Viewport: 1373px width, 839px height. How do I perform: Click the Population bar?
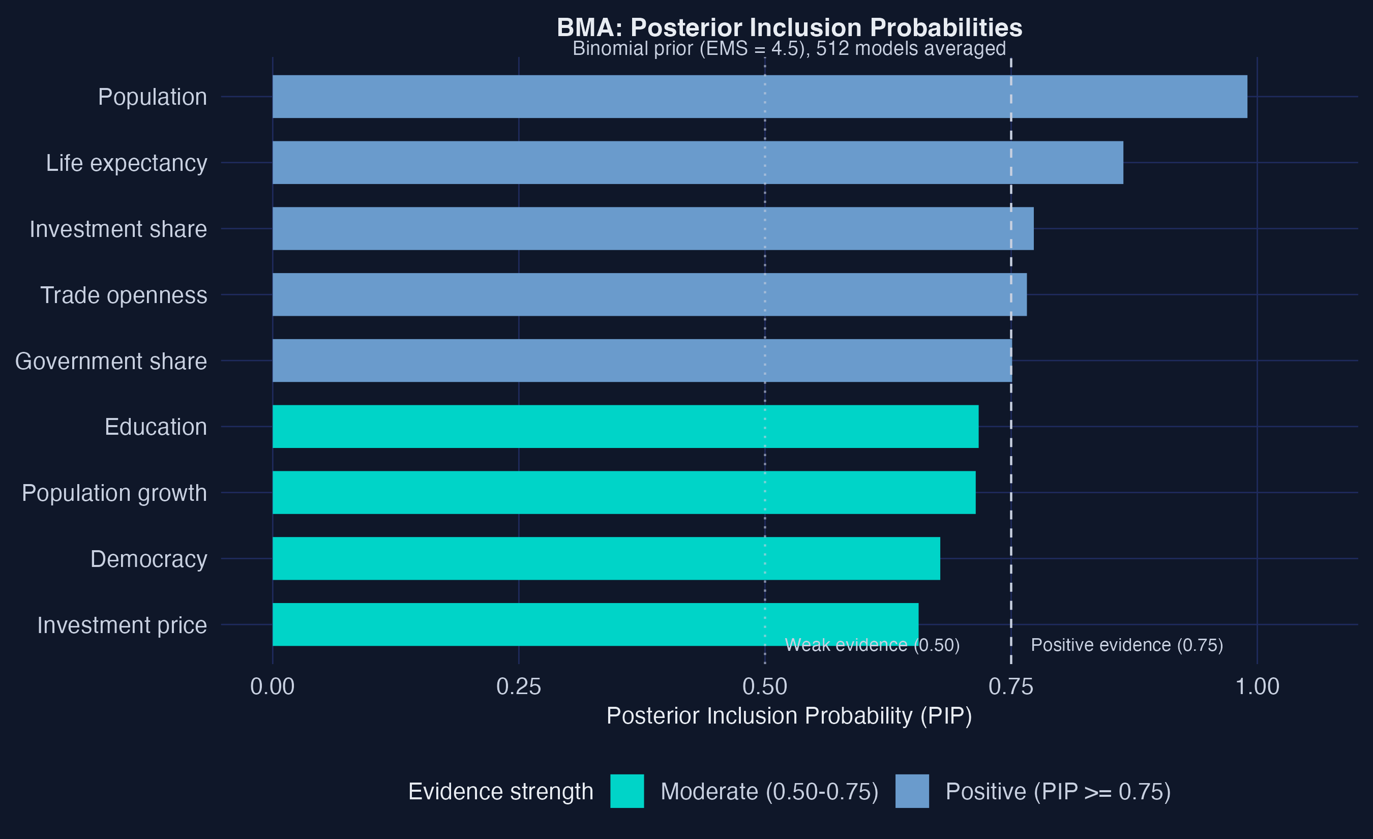coord(760,97)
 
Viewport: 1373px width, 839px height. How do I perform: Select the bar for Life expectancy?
coord(698,163)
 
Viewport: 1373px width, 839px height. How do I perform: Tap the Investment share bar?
coord(652,228)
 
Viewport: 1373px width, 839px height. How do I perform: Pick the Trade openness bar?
coord(649,295)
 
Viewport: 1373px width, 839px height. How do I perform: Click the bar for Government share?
coord(642,361)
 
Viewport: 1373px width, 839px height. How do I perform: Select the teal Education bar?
coord(625,427)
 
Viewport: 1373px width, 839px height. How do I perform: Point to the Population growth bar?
coord(623,493)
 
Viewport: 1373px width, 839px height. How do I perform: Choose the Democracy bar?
coord(606,558)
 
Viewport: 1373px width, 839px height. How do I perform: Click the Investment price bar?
coord(595,624)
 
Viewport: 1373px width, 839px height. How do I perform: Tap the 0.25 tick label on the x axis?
coord(518,686)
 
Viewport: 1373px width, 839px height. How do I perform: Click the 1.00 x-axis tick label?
coord(1257,686)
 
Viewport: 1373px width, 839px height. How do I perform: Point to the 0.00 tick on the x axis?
coord(272,686)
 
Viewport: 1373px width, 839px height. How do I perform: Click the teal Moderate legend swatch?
coord(627,791)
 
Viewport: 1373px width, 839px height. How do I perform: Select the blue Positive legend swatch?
coord(912,791)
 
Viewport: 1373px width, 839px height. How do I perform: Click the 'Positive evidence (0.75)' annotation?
coord(1127,645)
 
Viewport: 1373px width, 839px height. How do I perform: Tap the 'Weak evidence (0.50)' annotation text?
coord(872,645)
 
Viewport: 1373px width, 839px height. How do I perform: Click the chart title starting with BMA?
coord(789,28)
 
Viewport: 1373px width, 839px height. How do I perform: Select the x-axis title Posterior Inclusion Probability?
coord(789,716)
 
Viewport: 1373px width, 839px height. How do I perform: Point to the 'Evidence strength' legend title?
coord(500,792)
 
